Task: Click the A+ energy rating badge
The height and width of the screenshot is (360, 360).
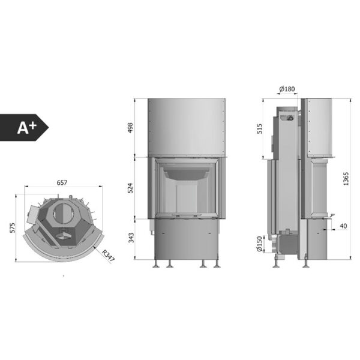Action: pos(24,127)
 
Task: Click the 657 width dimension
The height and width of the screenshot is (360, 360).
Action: pos(62,183)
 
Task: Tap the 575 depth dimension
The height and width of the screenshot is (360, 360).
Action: pos(13,228)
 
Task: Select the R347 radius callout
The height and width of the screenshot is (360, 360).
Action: pos(108,256)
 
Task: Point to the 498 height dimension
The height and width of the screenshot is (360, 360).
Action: pos(130,128)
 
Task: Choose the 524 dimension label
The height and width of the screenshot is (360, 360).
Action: pos(130,188)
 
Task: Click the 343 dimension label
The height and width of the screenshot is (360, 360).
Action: pos(131,238)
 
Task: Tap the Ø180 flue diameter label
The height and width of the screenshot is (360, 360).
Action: pos(287,89)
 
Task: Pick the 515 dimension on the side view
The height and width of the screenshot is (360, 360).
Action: pos(259,129)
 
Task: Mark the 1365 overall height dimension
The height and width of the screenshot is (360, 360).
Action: pos(346,179)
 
